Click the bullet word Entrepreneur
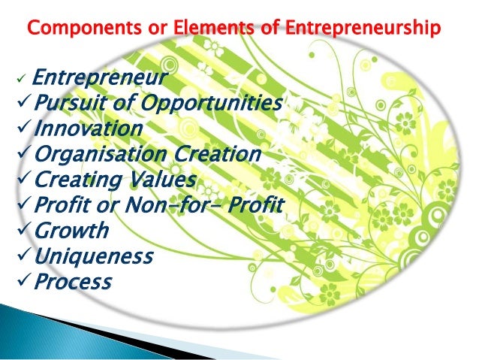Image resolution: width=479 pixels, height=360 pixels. tap(101, 77)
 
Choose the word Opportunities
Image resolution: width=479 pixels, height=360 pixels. tap(210, 103)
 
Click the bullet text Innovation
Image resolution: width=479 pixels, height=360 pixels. tap(88, 129)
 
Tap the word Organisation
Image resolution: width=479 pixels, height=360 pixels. tap(95, 154)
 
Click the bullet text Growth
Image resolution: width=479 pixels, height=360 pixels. tap(72, 231)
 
